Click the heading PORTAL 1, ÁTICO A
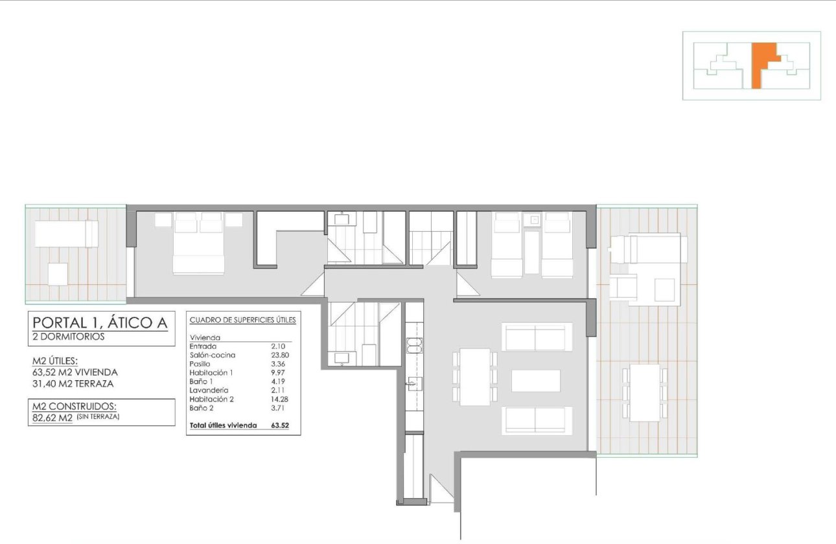click(100, 322)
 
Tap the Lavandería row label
click(209, 391)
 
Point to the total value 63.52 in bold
click(280, 425)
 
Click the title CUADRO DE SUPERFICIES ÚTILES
click(242, 320)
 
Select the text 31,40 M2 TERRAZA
click(73, 383)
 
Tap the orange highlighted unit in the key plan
click(760, 65)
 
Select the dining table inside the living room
click(475, 377)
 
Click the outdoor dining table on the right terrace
click(642, 391)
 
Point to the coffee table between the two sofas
click(536, 381)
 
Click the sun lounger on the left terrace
click(65, 234)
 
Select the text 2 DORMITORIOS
click(69, 337)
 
